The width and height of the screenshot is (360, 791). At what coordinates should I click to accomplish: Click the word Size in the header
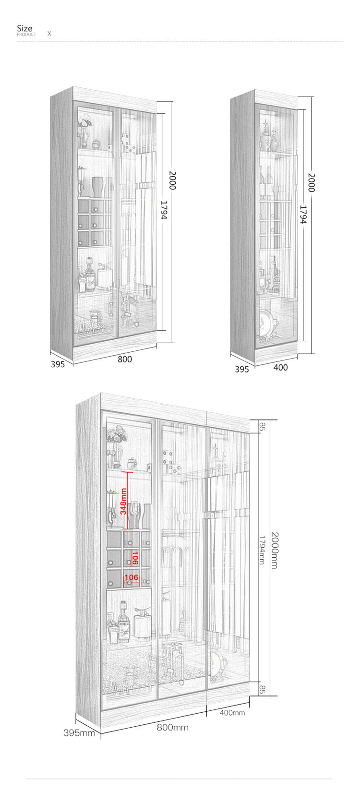[x=25, y=28]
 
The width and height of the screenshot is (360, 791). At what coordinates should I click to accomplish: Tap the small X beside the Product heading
[x=49, y=34]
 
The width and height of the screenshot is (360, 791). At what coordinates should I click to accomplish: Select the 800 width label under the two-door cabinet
[x=125, y=359]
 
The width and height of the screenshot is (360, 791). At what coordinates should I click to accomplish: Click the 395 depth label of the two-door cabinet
[x=58, y=364]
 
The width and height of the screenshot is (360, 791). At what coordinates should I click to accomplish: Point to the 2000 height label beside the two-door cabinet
[x=172, y=180]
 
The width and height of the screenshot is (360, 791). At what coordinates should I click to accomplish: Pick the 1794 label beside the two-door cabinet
[x=163, y=210]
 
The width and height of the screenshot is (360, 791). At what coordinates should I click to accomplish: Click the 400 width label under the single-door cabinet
[x=280, y=367]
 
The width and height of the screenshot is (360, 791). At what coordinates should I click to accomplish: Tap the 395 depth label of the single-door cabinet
[x=242, y=369]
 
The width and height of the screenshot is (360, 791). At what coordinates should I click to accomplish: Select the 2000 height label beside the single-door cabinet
[x=311, y=182]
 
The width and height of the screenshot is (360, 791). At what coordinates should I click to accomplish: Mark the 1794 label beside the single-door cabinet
[x=303, y=215]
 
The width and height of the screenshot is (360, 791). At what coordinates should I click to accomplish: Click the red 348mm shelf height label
[x=123, y=501]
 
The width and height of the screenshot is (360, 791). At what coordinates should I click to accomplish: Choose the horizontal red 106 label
[x=131, y=577]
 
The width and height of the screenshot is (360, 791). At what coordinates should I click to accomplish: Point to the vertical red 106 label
[x=135, y=558]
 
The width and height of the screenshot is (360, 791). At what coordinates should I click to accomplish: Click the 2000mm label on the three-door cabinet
[x=275, y=550]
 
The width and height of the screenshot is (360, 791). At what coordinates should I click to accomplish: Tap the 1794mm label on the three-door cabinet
[x=262, y=550]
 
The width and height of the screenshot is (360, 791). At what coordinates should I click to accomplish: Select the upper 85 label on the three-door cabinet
[x=262, y=426]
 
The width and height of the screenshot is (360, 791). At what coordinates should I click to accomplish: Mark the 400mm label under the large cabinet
[x=232, y=713]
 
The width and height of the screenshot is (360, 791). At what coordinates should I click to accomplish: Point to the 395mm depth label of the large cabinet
[x=80, y=733]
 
